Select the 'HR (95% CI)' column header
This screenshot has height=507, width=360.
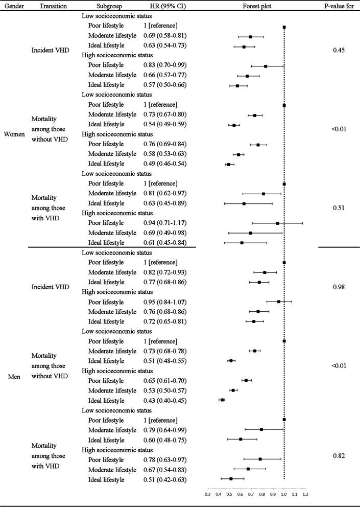[x=163, y=7]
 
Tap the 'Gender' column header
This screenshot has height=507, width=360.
[x=13, y=7]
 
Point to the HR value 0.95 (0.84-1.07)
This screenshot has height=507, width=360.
[x=165, y=302]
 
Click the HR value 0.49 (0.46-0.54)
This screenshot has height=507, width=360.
[x=165, y=164]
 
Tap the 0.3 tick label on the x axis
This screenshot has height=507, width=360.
[x=207, y=494]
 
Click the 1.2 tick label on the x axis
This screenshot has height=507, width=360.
[x=305, y=494]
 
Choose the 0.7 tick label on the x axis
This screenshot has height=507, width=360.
[x=251, y=494]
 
